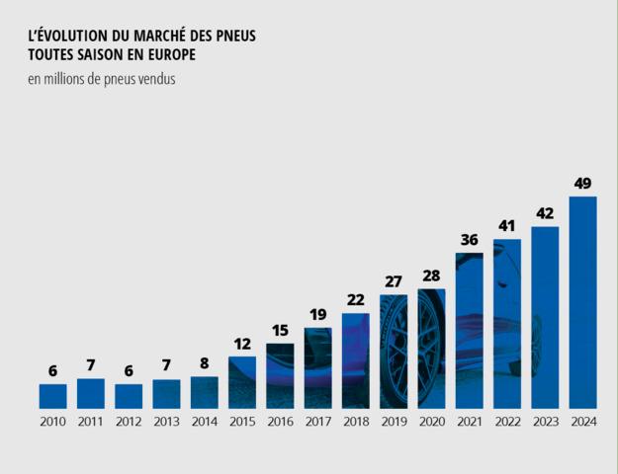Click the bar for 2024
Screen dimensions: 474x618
(x=582, y=302)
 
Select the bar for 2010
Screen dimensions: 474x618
(x=52, y=396)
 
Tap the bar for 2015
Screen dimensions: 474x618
(x=242, y=382)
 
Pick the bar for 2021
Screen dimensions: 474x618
(x=469, y=331)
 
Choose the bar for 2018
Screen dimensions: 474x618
(x=355, y=360)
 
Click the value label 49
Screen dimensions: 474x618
(x=582, y=183)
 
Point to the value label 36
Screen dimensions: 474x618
(x=469, y=239)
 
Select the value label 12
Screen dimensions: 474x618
(x=242, y=344)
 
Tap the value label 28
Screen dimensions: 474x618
(x=431, y=276)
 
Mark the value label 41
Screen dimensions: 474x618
(x=507, y=226)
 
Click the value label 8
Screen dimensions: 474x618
(x=204, y=363)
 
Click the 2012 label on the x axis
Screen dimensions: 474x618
(x=129, y=422)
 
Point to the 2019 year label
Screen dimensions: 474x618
(x=394, y=422)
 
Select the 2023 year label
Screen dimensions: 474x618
(x=545, y=422)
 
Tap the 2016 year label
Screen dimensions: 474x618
(x=280, y=422)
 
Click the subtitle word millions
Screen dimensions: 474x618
(x=66, y=79)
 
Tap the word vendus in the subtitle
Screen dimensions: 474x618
(x=156, y=79)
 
